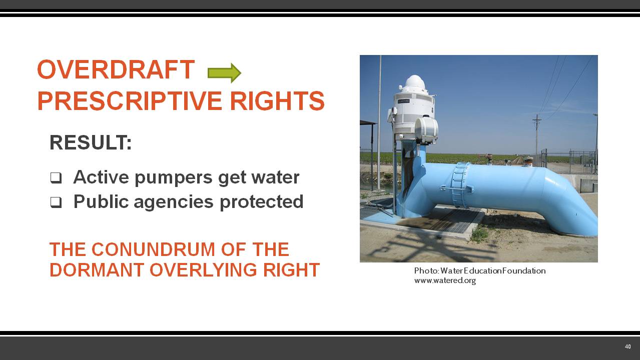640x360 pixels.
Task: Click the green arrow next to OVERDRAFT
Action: coord(224,73)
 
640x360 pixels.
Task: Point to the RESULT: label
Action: coord(91,143)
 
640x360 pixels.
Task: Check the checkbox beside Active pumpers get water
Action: coord(56,177)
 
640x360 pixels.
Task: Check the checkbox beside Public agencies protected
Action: coord(56,202)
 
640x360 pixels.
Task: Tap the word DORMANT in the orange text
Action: coord(97,270)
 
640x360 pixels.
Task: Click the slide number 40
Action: coord(627,346)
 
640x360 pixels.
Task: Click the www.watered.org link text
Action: coord(444,280)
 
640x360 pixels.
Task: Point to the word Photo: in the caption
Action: coord(426,270)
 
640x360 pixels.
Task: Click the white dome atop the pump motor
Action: coord(414,82)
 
